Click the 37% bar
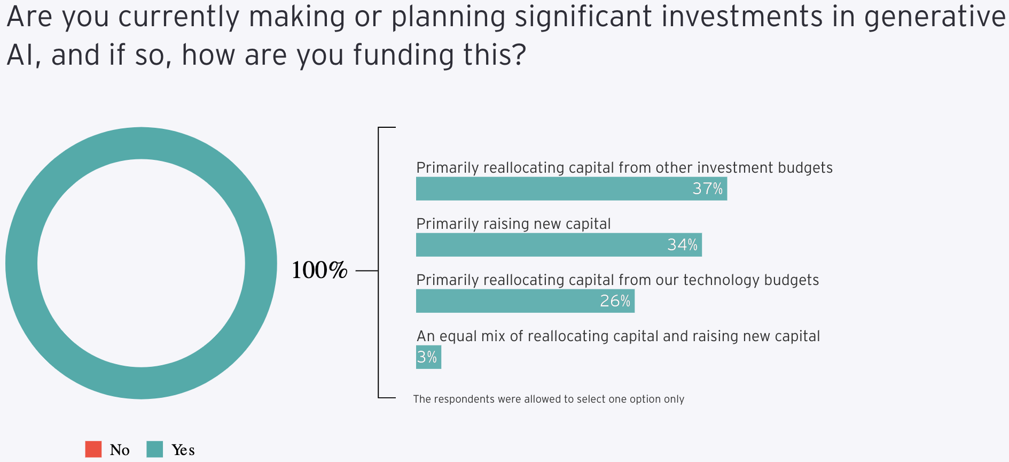coord(572,189)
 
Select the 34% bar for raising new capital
coord(559,245)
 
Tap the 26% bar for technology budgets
coord(525,301)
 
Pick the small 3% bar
coord(428,357)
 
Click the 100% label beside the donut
coord(319,271)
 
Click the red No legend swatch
coord(93,449)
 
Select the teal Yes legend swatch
coord(154,449)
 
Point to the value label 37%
coord(707,189)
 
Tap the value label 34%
coord(682,245)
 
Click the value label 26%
coord(615,301)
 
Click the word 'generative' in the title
coord(935,17)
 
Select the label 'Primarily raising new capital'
coord(513,224)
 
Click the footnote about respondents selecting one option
coord(549,399)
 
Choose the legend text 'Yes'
coord(183,450)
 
